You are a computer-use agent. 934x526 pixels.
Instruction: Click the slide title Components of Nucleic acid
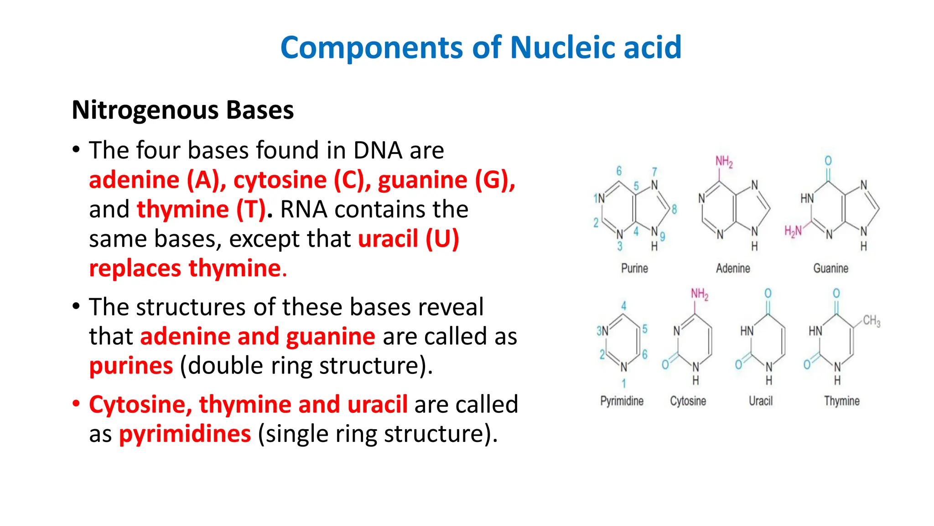coord(481,47)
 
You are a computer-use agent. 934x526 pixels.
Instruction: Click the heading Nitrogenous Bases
coord(183,110)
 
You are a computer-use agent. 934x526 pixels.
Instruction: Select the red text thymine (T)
coord(201,210)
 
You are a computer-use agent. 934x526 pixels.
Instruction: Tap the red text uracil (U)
coord(408,239)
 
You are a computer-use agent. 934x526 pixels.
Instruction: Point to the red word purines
coord(131,366)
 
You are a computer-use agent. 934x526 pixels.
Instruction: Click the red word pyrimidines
coord(185,434)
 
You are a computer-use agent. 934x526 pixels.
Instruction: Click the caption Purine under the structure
coord(634,268)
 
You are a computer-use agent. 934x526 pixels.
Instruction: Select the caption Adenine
coord(732,268)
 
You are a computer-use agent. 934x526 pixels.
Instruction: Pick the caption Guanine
coord(830,268)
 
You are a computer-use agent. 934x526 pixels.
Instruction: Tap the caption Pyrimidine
coord(622,401)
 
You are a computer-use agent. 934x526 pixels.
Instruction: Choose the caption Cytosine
coord(688,401)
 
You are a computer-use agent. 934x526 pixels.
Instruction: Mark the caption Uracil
coord(761,401)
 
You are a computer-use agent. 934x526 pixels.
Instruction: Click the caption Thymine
coord(841,401)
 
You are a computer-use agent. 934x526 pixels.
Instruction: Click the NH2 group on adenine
coord(724,162)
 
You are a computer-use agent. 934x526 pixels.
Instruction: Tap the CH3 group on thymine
coord(872,321)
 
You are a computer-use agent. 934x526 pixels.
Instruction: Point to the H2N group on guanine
coord(793,231)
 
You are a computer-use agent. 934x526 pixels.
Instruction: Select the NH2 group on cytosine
coord(700,294)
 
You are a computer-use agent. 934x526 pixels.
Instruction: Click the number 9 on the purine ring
coord(663,236)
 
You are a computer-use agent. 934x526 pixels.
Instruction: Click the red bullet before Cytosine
coord(76,404)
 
